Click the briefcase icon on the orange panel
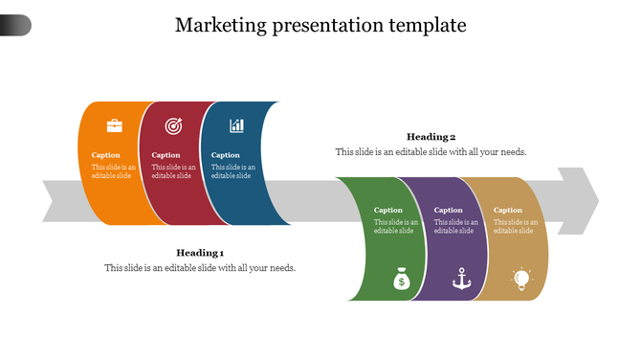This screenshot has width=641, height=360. (114, 125)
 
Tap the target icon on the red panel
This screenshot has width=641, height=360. (173, 125)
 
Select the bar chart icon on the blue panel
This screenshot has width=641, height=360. (236, 125)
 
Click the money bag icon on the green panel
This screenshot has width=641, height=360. (401, 280)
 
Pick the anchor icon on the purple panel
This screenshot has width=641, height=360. (461, 280)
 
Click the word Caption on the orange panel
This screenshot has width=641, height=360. (106, 155)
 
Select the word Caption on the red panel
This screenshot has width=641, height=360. (166, 155)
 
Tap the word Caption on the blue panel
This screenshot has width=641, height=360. (226, 155)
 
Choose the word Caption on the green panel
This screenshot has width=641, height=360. (388, 211)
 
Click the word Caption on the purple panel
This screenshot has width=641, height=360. (448, 211)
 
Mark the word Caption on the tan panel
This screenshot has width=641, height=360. (508, 211)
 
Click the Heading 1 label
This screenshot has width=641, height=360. (200, 253)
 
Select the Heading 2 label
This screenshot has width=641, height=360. (431, 137)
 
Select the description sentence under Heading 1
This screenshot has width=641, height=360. (200, 268)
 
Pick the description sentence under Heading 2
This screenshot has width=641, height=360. (431, 152)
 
